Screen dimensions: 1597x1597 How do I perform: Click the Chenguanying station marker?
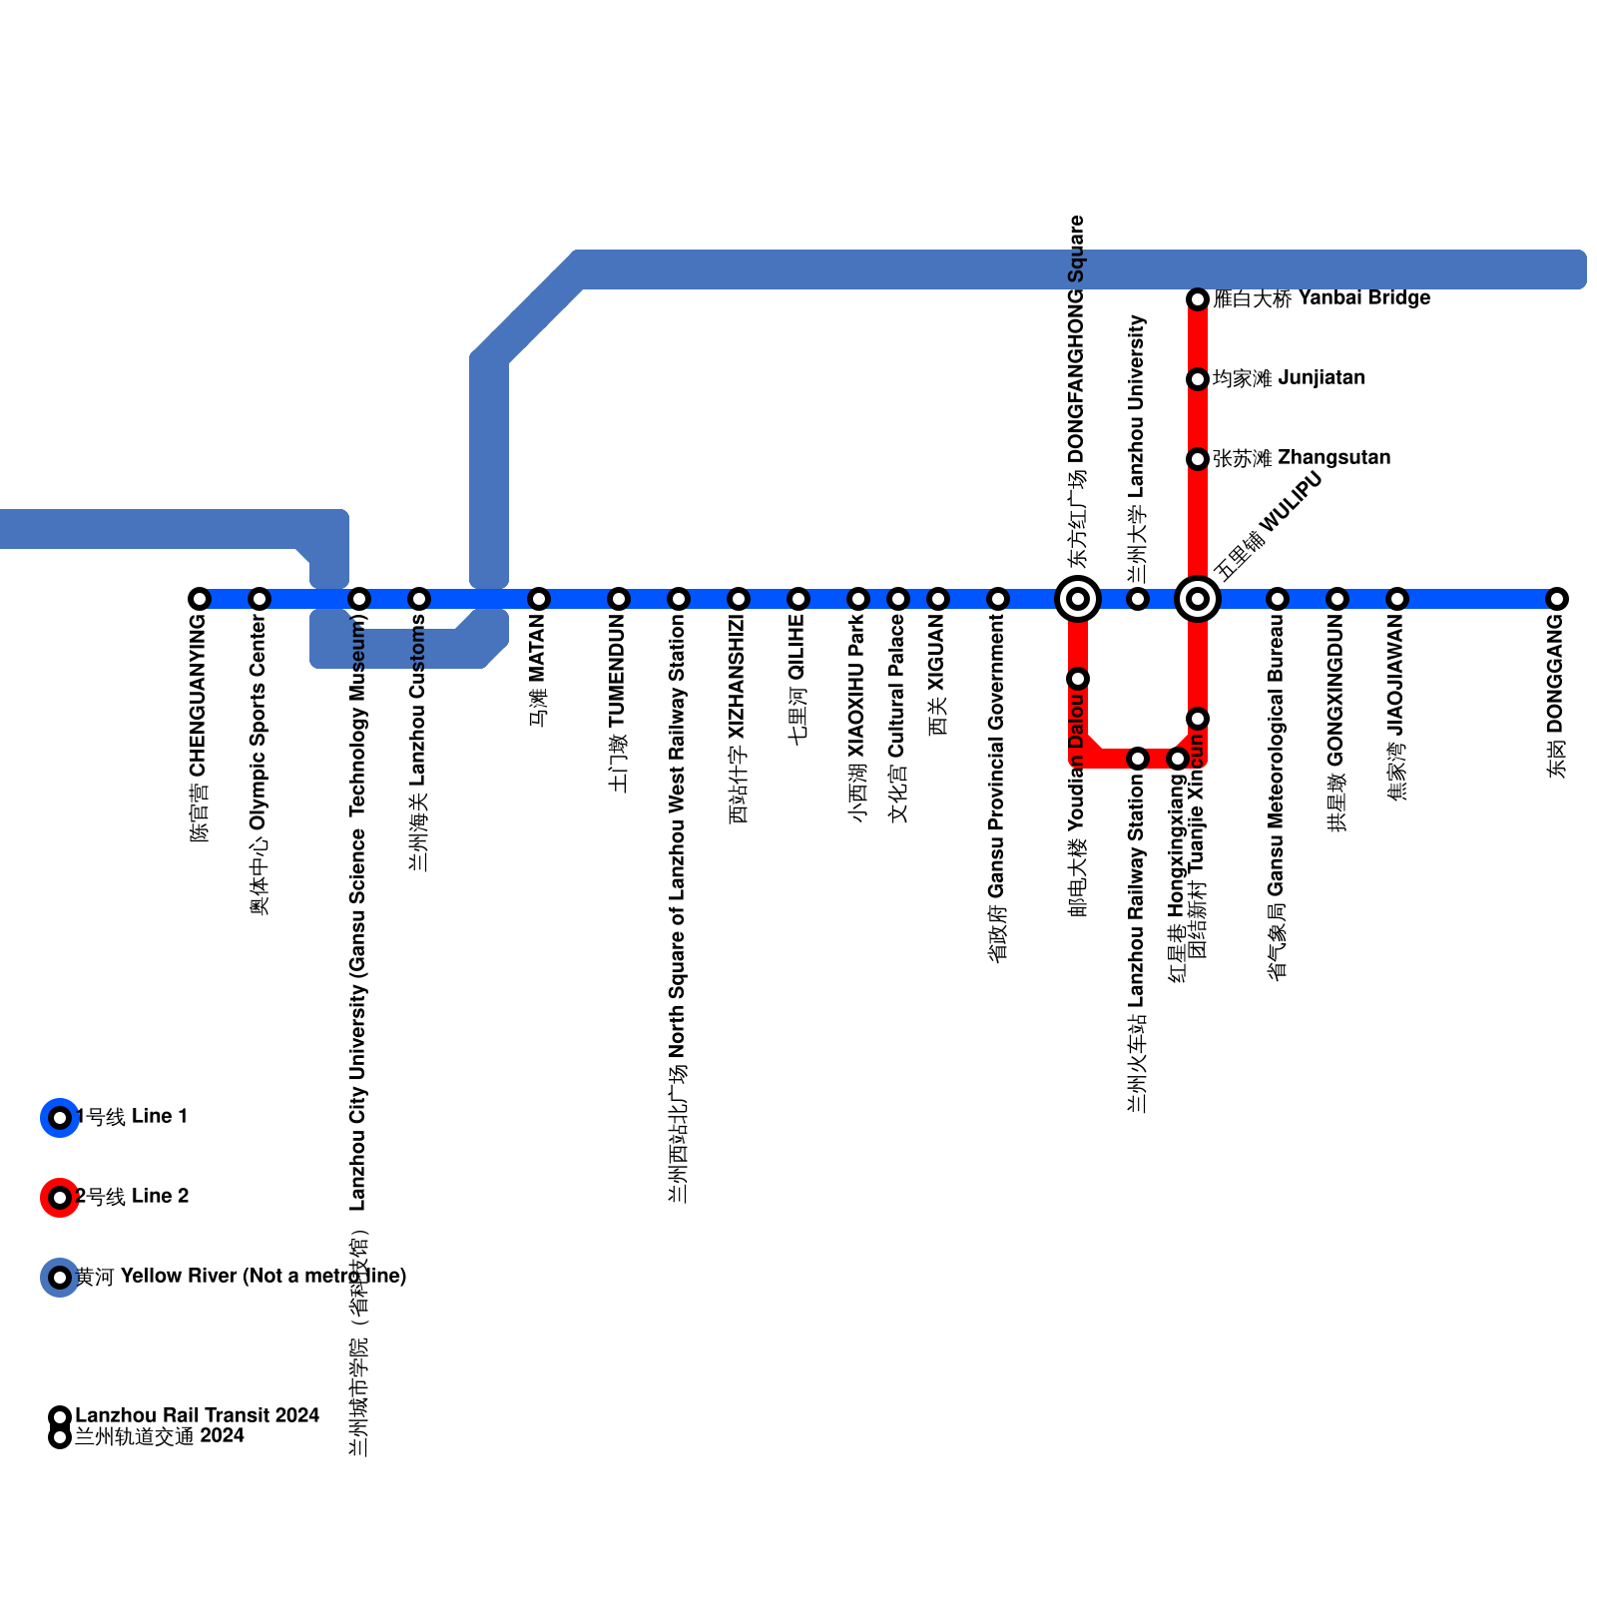pyautogui.click(x=200, y=599)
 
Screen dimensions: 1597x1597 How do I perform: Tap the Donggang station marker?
pyautogui.click(x=1557, y=599)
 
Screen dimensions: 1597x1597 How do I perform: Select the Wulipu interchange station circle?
pyautogui.click(x=1198, y=599)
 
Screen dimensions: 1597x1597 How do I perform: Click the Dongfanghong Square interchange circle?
pyautogui.click(x=1078, y=599)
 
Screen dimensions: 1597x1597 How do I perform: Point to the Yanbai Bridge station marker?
pyautogui.click(x=1198, y=299)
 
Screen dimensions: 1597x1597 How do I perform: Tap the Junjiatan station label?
pyautogui.click(x=1288, y=378)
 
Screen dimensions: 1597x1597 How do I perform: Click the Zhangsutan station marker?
pyautogui.click(x=1198, y=459)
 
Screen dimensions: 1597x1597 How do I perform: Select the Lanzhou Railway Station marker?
pyautogui.click(x=1138, y=759)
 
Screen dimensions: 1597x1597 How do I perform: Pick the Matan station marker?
pyautogui.click(x=539, y=599)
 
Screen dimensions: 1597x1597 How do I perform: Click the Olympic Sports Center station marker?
pyautogui.click(x=260, y=599)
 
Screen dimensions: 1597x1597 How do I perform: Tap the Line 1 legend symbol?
pyautogui.click(x=60, y=1118)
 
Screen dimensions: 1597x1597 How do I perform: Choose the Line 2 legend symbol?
pyautogui.click(x=60, y=1198)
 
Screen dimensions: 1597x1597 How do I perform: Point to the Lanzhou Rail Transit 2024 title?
pyautogui.click(x=197, y=1415)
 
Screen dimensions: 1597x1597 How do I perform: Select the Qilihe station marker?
pyautogui.click(x=798, y=599)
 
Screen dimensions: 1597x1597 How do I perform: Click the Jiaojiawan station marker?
pyautogui.click(x=1397, y=599)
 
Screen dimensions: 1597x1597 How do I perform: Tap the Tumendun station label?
pyautogui.click(x=619, y=704)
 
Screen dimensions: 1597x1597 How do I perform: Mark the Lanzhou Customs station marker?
pyautogui.click(x=419, y=599)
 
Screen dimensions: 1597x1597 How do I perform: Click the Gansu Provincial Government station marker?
pyautogui.click(x=998, y=599)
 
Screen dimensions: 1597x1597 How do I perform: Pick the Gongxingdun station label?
pyautogui.click(x=1337, y=724)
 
